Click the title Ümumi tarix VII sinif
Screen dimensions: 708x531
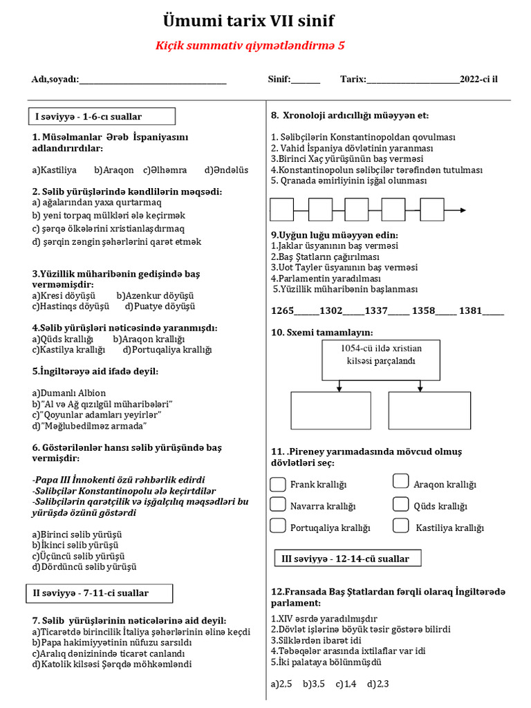tap(248, 20)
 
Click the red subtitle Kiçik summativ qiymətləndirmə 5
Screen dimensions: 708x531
tap(249, 46)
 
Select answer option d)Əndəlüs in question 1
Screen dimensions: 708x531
tap(226, 170)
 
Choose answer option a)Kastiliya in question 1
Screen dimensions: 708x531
tap(55, 170)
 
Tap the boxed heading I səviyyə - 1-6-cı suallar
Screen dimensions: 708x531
tap(101, 116)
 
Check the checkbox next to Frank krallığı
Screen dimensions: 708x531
tap(278, 483)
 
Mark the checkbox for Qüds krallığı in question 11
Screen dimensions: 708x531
tap(400, 504)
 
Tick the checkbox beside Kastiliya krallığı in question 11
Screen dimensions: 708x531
tap(400, 525)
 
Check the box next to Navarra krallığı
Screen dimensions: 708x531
tap(278, 504)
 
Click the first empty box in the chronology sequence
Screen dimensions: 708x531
tap(281, 209)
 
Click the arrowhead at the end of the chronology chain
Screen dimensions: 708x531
tap(462, 209)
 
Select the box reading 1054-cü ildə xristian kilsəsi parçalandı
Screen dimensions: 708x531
tap(381, 360)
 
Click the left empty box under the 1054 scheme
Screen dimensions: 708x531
tap(321, 411)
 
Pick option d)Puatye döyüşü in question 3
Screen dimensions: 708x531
tap(160, 306)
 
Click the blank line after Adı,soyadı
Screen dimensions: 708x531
tap(153, 80)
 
